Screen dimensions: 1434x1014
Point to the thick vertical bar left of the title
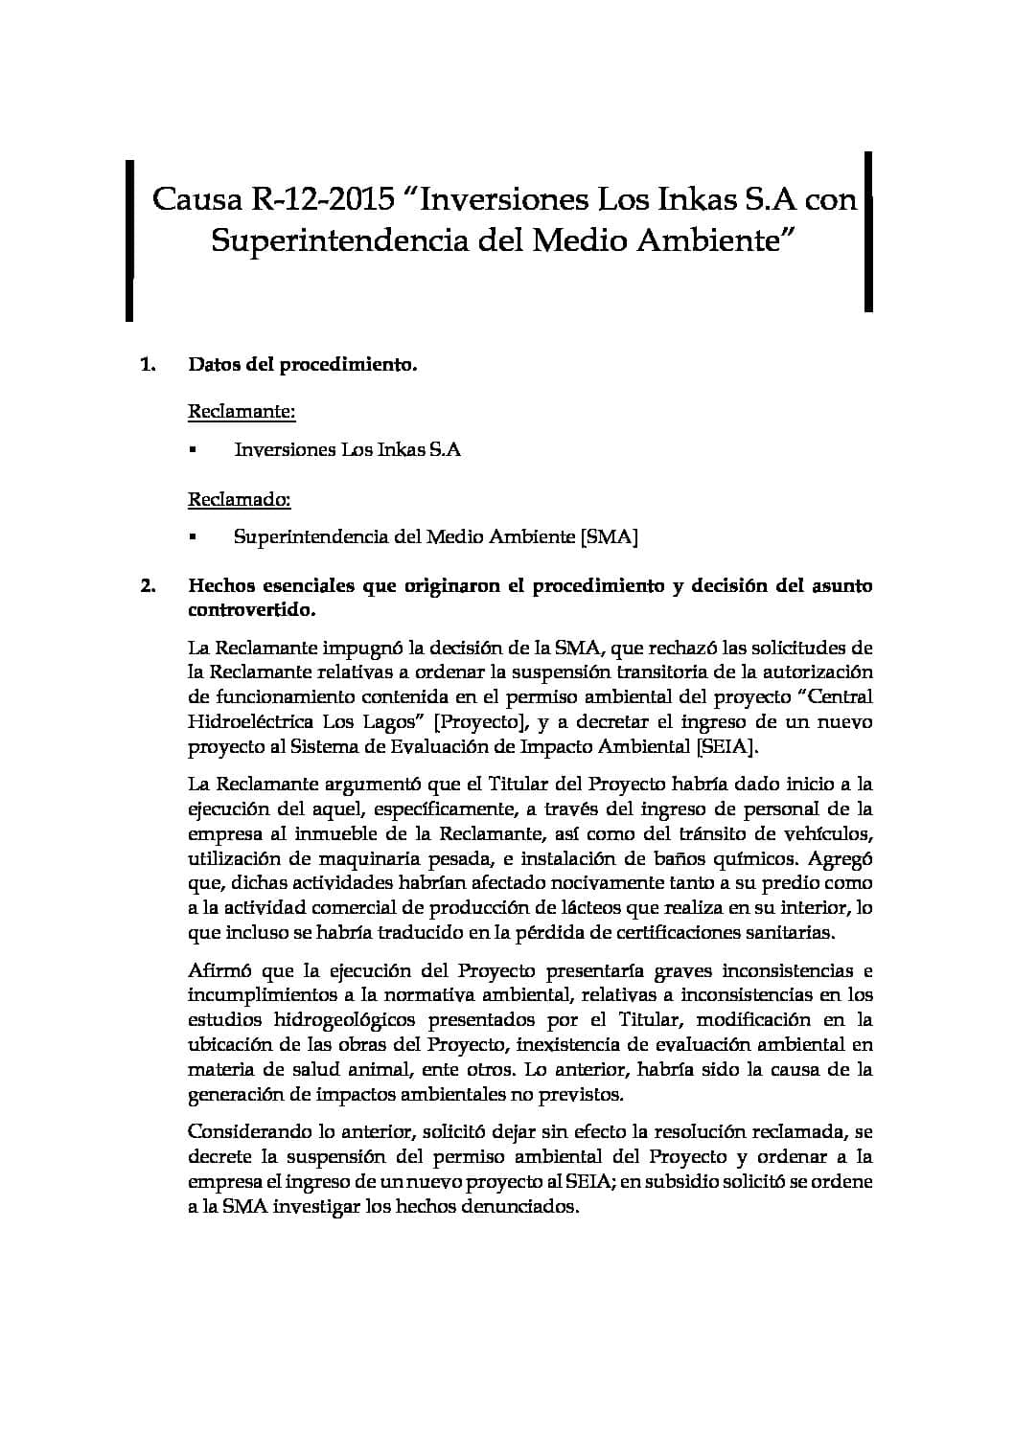click(128, 239)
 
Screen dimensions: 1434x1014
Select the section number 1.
click(148, 365)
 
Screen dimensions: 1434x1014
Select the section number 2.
click(148, 586)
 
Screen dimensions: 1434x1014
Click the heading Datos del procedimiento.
click(303, 365)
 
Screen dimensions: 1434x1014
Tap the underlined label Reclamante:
click(242, 412)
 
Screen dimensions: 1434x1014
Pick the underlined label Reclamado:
click(240, 499)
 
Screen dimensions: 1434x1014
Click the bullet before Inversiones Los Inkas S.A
click(193, 449)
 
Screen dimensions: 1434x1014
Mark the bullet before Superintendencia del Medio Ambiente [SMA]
click(193, 537)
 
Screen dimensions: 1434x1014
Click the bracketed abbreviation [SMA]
click(610, 536)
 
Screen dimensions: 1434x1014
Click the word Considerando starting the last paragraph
click(246, 1131)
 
